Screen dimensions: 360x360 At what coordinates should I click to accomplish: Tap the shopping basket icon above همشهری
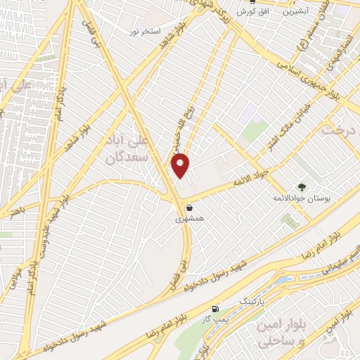coord(190,207)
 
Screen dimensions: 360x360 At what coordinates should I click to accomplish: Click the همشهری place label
coord(190,219)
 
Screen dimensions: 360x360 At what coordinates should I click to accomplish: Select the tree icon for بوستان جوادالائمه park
coord(302,186)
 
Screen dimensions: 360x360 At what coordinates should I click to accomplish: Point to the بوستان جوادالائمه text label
coord(302,199)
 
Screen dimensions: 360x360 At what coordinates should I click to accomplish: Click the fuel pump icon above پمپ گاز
coord(214,308)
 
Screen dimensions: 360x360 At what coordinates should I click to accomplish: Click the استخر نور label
coord(145,32)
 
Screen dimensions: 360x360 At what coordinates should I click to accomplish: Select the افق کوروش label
coord(250,12)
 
